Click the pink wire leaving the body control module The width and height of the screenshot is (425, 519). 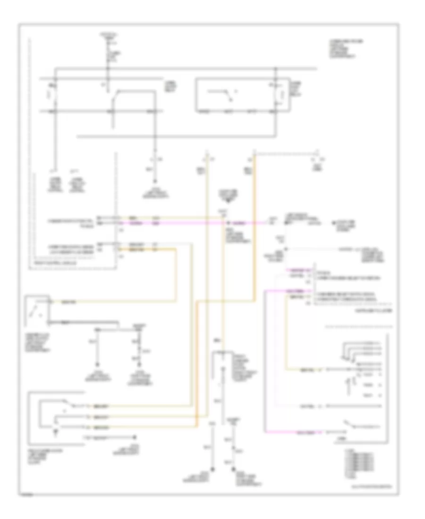pyautogui.click(x=142, y=222)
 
